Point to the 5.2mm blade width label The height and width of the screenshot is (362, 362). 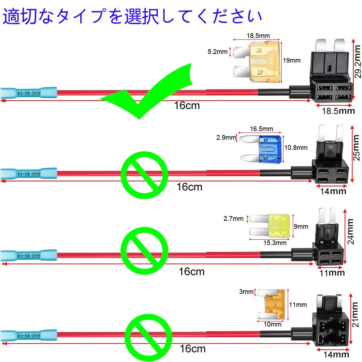click(x=217, y=52)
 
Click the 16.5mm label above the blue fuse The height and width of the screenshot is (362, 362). click(x=261, y=129)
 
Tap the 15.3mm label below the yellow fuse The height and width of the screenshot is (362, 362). click(x=274, y=243)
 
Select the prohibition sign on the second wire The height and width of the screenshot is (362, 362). click(x=144, y=175)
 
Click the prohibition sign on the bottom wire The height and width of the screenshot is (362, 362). click(x=148, y=338)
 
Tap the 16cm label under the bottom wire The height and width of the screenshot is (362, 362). click(x=193, y=349)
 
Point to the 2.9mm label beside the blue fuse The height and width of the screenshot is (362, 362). click(x=225, y=138)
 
